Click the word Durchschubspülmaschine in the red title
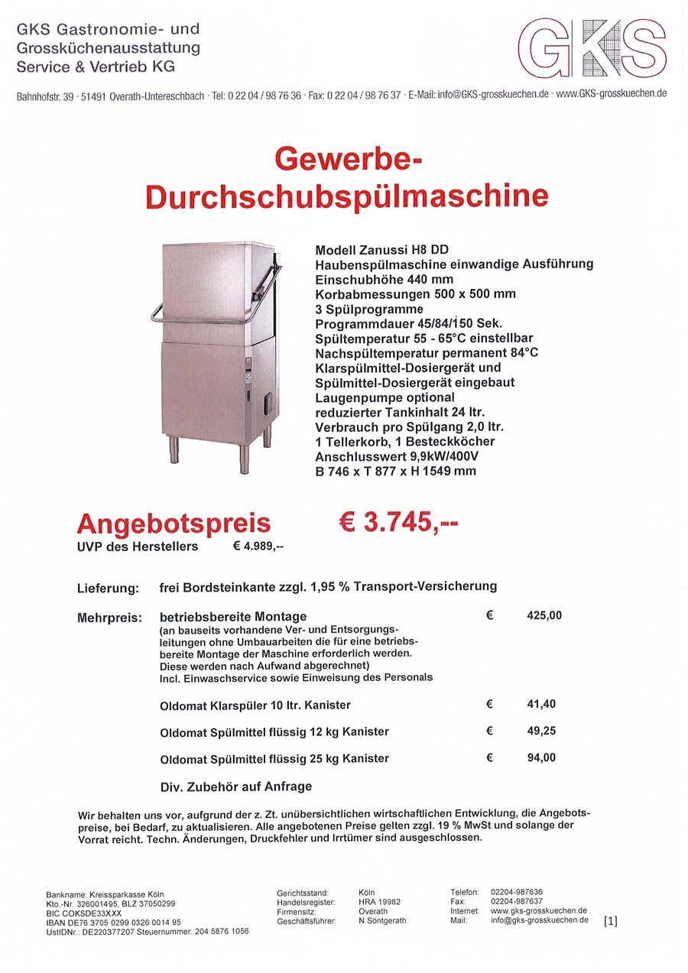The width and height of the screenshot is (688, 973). pyautogui.click(x=347, y=196)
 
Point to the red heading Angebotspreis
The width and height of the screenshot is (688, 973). pyautogui.click(x=174, y=523)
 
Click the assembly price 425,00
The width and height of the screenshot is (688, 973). pyautogui.click(x=544, y=615)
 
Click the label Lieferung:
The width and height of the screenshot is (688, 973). pyautogui.click(x=108, y=589)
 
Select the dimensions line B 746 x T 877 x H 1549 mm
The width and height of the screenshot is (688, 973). pyautogui.click(x=395, y=471)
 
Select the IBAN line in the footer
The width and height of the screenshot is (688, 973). pyautogui.click(x=114, y=923)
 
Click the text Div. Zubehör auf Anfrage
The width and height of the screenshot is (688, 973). pyautogui.click(x=235, y=786)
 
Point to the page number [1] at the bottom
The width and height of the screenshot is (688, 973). pyautogui.click(x=610, y=920)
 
